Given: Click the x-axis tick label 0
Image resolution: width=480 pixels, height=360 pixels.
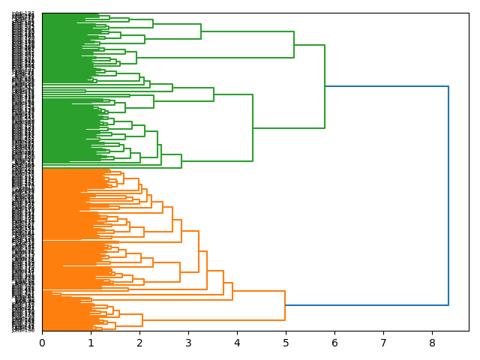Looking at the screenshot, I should click(42, 343).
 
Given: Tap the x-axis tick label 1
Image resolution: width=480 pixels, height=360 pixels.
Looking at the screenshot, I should click(91, 343).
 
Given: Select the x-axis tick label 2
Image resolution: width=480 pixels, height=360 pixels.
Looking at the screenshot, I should click(139, 343).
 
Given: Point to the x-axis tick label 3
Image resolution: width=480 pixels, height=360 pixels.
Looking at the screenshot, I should click(188, 343).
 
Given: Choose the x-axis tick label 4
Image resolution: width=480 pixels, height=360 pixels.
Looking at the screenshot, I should click(237, 343).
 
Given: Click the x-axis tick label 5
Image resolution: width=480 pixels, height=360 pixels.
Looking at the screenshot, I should click(286, 343).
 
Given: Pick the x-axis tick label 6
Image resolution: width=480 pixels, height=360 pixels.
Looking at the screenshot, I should click(334, 343).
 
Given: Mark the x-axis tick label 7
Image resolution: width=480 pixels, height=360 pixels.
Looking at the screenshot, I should click(383, 343).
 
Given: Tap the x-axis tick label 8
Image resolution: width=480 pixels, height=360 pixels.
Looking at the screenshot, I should click(432, 343).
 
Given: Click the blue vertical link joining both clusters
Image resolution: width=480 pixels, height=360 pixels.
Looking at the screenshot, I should click(448, 195).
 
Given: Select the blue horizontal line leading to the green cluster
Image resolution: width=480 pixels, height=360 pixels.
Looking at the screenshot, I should click(386, 87).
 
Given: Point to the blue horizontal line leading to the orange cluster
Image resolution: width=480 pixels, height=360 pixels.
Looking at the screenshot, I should click(367, 305).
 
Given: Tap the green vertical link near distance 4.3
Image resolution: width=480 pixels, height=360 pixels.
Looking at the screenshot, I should click(253, 127).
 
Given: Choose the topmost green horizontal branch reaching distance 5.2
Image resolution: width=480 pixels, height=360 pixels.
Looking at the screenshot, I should click(247, 31).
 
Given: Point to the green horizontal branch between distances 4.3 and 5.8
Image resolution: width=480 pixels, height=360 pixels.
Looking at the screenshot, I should click(289, 128).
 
